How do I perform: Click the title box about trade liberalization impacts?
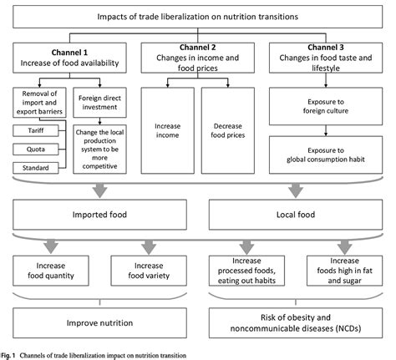coord(197,17)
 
